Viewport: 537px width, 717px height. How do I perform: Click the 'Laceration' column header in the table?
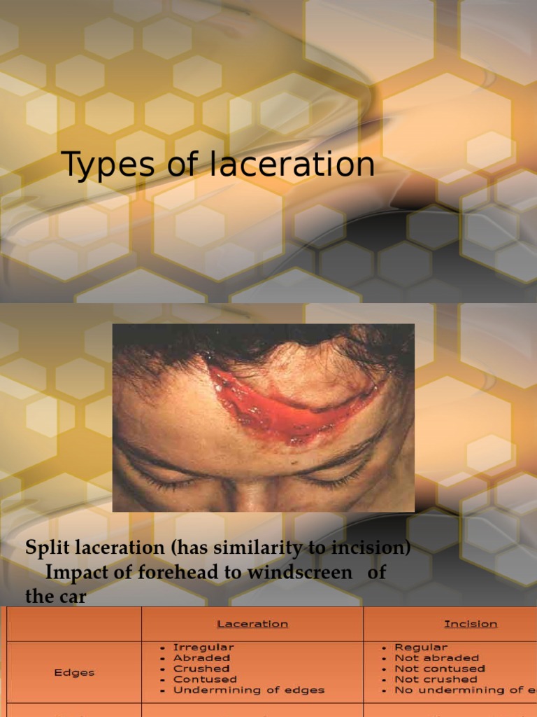click(252, 624)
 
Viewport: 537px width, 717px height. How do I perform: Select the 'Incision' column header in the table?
click(471, 624)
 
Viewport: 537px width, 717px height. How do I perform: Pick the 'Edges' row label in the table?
click(74, 672)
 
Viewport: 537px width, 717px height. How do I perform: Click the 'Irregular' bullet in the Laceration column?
click(203, 648)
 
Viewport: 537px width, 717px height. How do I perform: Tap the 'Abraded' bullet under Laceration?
click(201, 658)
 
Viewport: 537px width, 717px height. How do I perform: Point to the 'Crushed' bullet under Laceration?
click(201, 669)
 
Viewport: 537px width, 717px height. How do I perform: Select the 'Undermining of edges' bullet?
click(248, 690)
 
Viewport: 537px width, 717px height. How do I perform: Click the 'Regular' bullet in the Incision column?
click(421, 648)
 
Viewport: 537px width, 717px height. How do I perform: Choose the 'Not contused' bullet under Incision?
click(440, 669)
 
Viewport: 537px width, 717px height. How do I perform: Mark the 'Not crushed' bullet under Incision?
click(436, 679)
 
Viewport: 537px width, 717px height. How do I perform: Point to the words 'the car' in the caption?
click(56, 597)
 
